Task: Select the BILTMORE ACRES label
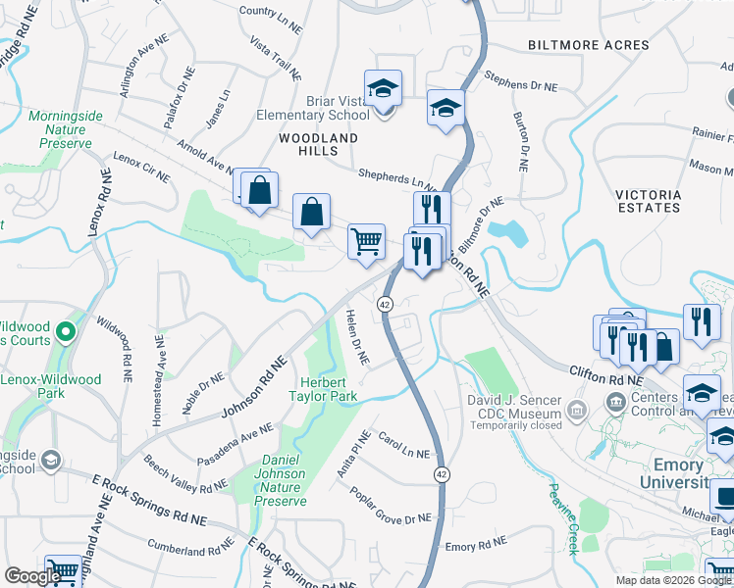[588, 45]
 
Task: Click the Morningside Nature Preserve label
[66, 129]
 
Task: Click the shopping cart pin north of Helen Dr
[366, 240]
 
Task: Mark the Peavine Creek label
[563, 519]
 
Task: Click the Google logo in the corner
[31, 576]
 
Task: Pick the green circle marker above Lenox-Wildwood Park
[66, 333]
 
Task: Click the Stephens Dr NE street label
[520, 83]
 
